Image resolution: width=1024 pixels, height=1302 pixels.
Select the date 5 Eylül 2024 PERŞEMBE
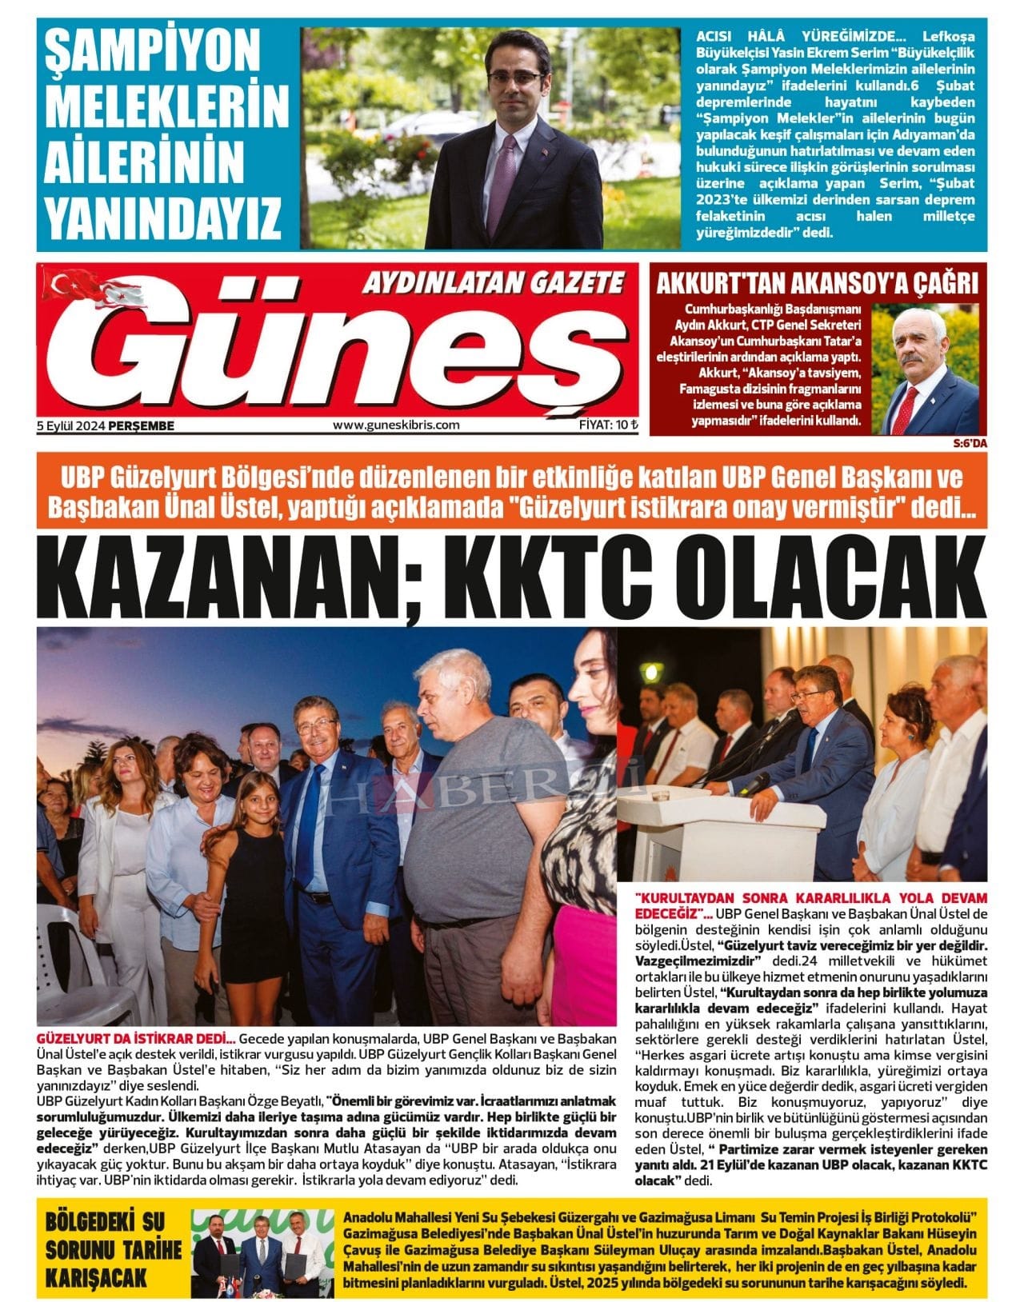105,425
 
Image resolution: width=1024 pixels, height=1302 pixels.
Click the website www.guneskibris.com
396,425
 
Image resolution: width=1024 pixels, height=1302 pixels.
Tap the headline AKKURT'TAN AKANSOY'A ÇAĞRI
817,283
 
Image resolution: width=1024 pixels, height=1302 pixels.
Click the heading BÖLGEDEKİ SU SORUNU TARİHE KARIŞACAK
112,1249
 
